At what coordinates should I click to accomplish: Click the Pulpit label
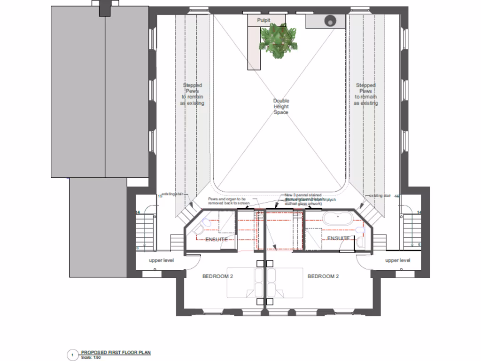pos(264,20)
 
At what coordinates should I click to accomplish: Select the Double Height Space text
pos(281,107)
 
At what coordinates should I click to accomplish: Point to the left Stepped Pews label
pos(193,94)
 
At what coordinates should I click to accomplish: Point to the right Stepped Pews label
pos(366,94)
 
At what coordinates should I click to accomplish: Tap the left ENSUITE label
pos(217,240)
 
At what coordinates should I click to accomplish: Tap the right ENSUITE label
pos(338,238)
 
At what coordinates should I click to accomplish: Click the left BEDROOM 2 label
pos(217,276)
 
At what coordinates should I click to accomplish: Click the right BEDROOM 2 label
pos(323,276)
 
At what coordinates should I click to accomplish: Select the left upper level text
pos(162,260)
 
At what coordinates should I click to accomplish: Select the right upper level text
pos(397,260)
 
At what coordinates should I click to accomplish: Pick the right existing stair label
pos(380,196)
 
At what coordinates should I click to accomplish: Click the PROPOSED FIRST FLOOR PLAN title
pos(116,352)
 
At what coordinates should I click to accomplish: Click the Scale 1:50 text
pos(91,357)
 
